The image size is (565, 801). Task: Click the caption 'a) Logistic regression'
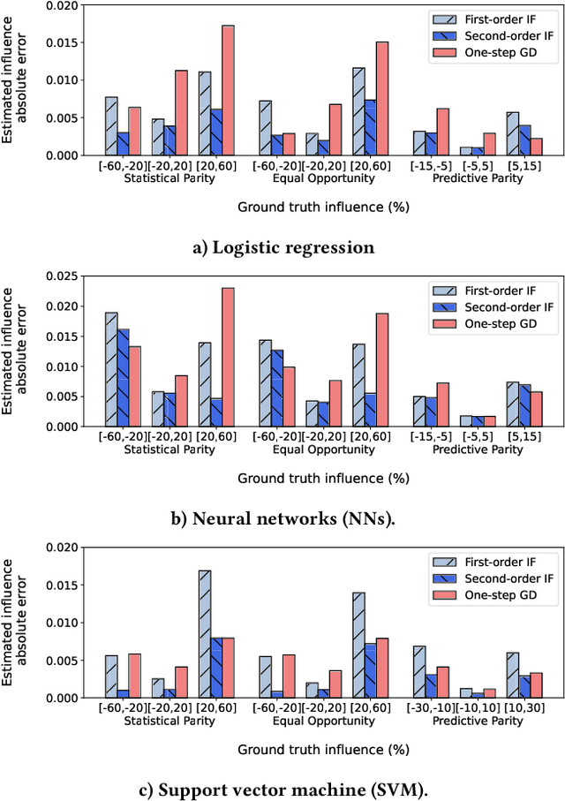pyautogui.click(x=283, y=248)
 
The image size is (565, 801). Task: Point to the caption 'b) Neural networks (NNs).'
pyautogui.click(x=282, y=519)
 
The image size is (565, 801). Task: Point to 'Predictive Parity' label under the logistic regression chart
pyautogui.click(x=478, y=178)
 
